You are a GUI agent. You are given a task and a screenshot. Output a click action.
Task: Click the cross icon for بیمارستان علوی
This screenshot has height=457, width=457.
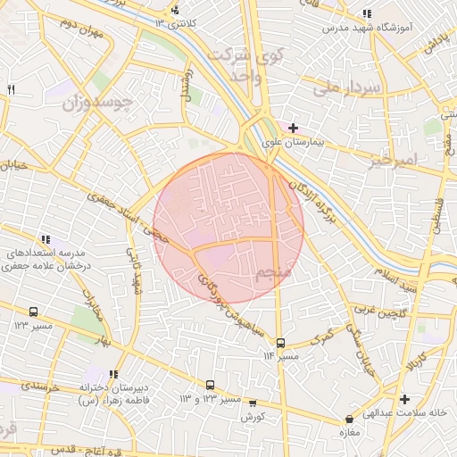tap(293, 129)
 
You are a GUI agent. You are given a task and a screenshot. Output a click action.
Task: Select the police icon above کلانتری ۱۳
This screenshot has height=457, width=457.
tap(175, 10)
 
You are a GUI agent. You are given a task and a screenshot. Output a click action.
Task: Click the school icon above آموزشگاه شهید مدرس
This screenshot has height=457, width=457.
tap(366, 13)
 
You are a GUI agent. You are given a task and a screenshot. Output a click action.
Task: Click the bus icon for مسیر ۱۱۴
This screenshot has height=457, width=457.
tap(280, 343)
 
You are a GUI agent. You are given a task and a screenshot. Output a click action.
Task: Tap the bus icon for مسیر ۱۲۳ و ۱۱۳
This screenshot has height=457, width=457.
tap(210, 385)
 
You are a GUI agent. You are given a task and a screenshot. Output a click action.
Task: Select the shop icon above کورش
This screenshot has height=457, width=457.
tap(253, 403)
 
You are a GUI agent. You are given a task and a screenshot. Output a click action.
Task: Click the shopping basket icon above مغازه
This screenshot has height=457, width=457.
tap(348, 419)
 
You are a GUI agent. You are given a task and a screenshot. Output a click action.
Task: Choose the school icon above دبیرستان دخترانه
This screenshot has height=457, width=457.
tap(112, 375)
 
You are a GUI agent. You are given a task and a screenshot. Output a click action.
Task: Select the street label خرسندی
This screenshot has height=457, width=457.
tap(40, 387)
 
